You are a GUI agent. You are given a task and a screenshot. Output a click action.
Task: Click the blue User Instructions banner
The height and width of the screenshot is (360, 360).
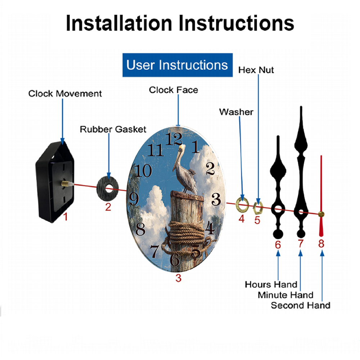click(x=177, y=65)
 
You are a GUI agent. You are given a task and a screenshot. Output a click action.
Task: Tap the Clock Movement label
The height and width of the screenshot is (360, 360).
click(x=65, y=94)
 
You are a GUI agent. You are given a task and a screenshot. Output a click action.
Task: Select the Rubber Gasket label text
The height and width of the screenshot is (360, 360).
click(x=113, y=129)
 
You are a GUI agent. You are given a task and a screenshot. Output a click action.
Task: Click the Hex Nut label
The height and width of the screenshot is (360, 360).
click(x=256, y=70)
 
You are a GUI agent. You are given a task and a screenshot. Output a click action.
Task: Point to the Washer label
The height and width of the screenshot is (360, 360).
click(x=236, y=112)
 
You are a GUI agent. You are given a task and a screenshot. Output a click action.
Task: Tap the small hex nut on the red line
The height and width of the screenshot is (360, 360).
click(x=258, y=208)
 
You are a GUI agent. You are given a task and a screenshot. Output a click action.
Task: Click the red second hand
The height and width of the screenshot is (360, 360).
click(x=321, y=196)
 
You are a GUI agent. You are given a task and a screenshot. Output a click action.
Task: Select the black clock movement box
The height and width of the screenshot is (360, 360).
click(x=55, y=182)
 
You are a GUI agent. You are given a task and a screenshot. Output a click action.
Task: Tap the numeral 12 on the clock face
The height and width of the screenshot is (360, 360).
click(x=174, y=139)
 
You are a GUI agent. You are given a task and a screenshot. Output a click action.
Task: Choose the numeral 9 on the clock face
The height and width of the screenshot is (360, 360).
click(x=134, y=199)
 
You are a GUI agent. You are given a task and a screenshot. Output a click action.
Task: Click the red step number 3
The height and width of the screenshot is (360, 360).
click(x=179, y=278)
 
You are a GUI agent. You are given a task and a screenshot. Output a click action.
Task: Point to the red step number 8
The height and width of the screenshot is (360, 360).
click(x=321, y=244)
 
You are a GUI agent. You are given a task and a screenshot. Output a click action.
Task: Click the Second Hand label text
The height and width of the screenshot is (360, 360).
click(x=301, y=305)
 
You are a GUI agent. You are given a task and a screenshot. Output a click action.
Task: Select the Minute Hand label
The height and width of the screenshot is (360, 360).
click(x=285, y=295)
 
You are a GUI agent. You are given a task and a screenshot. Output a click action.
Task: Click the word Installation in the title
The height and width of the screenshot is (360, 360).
click(x=119, y=23)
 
